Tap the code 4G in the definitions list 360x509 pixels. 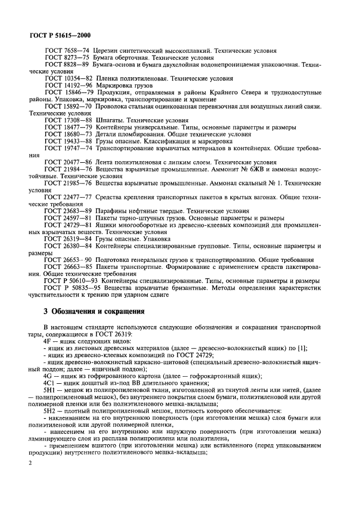(x=47, y=376)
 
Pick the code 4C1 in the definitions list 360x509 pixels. (x=49, y=383)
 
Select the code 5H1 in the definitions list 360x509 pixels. (x=50, y=390)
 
